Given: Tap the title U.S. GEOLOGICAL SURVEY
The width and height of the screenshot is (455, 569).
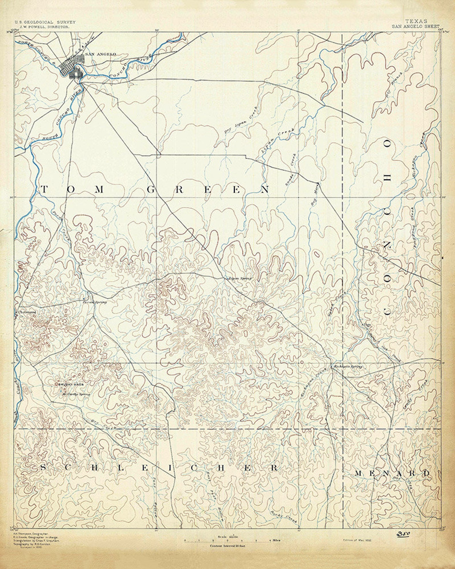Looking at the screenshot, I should [45, 22].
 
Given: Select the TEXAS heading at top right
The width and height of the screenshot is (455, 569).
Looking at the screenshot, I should [416, 21].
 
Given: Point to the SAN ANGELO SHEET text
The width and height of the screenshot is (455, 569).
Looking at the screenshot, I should [416, 26].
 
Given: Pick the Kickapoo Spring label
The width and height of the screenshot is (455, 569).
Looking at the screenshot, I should [346, 366].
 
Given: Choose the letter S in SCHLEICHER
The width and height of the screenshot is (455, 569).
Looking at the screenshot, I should [43, 468].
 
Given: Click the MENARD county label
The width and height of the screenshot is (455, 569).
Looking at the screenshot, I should [392, 473].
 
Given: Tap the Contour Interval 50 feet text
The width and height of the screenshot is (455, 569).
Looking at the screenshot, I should [227, 546].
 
